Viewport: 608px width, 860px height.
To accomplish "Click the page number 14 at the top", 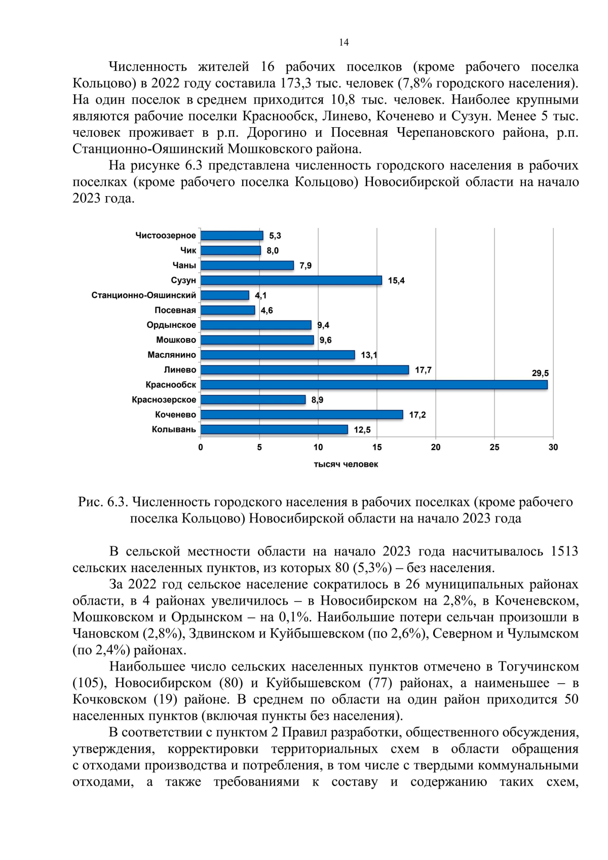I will click(x=344, y=43).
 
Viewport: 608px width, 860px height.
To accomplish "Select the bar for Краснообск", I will click(x=374, y=385).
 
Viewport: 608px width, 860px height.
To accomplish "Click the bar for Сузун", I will click(x=291, y=280).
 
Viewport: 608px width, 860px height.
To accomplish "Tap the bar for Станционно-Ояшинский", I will click(x=225, y=295).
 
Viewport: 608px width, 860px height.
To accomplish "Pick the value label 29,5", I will click(x=540, y=373).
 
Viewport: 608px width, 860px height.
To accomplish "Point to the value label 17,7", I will click(x=423, y=370).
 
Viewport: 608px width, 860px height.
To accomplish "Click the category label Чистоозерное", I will click(x=165, y=235).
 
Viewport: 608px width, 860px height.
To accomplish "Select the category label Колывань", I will click(x=174, y=429).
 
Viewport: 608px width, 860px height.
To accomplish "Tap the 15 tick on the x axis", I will click(x=377, y=447).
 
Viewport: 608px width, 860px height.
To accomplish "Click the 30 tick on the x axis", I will click(x=553, y=447).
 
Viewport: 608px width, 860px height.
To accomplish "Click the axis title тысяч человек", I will click(x=346, y=464).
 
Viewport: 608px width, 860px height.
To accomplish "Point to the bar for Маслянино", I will click(x=278, y=355).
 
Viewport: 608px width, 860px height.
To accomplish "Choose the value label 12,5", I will click(x=362, y=430).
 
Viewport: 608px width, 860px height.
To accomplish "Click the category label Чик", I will click(x=188, y=250).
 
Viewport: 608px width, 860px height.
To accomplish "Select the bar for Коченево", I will click(x=302, y=415).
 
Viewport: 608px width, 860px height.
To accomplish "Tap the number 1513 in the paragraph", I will click(x=564, y=551).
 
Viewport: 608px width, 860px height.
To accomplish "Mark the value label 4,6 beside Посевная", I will click(x=267, y=310).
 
